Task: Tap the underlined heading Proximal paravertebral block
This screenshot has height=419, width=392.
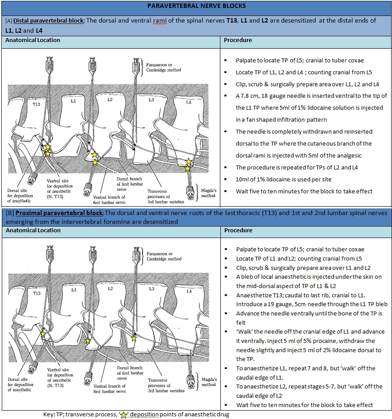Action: [x=54, y=213]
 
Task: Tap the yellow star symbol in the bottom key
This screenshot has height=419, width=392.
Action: [x=124, y=415]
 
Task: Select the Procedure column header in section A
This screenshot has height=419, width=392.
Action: [x=238, y=40]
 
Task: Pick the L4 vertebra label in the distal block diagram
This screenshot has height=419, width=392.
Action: [x=188, y=102]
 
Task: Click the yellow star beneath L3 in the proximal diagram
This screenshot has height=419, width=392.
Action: [x=134, y=338]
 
